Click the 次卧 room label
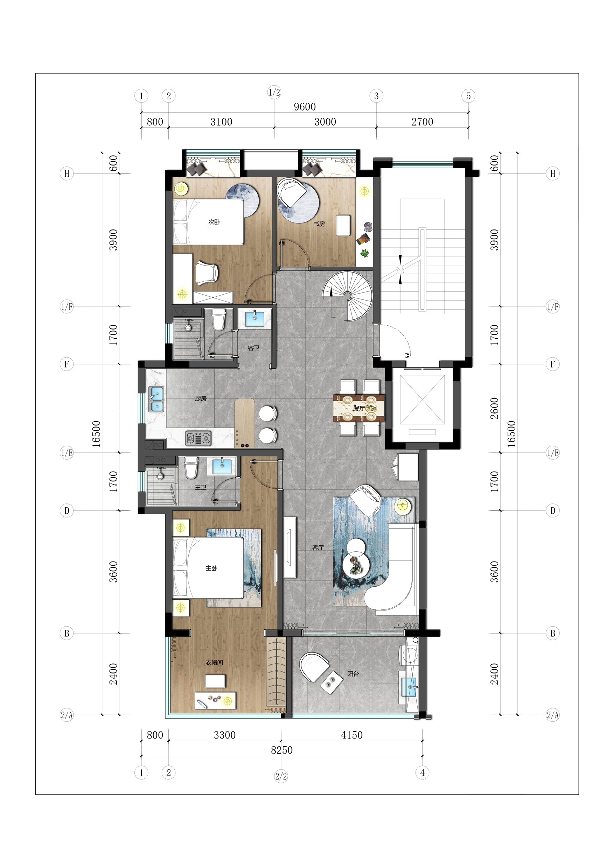(x=214, y=222)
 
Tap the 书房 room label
(x=319, y=224)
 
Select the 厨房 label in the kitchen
(x=201, y=398)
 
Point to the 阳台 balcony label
(x=353, y=674)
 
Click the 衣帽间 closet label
(x=214, y=662)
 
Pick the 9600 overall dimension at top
(x=305, y=107)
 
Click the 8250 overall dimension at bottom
(x=281, y=750)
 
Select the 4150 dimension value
(x=351, y=735)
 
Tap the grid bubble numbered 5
(x=468, y=96)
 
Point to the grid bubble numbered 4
(x=422, y=772)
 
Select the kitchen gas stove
(x=198, y=438)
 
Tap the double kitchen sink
(x=156, y=399)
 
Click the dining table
(x=359, y=408)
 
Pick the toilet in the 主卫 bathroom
(x=191, y=468)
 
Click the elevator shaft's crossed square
(x=422, y=400)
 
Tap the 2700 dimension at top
(x=422, y=122)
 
